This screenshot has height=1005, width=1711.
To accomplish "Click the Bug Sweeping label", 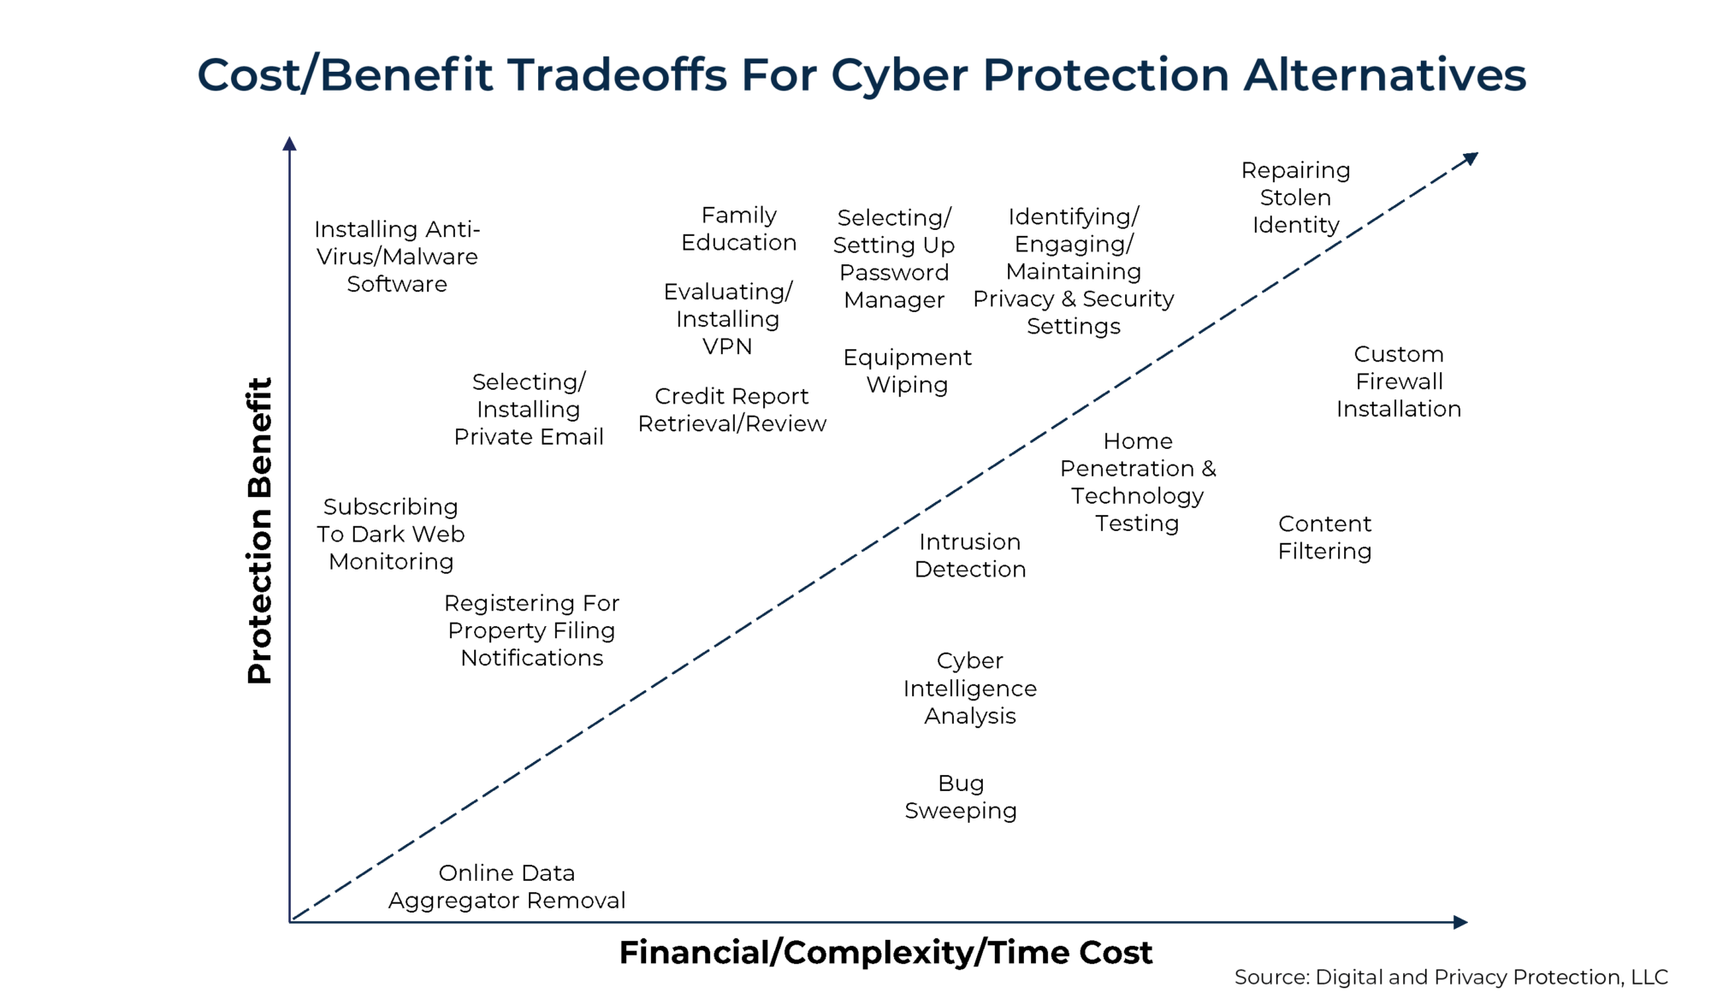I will pos(961,797).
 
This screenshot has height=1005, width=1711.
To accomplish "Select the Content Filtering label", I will pos(1324,537).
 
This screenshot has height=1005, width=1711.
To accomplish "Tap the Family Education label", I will pos(739,228).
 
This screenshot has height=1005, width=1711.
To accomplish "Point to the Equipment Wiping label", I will pos(907,370).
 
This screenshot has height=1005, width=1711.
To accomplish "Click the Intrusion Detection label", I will pos(970,555).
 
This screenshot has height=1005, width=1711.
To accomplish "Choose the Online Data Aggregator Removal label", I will pos(506,886).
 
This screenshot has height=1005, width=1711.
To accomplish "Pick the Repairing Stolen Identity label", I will pos(1295,198).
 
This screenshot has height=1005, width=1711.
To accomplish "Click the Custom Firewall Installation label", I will pos(1399,381).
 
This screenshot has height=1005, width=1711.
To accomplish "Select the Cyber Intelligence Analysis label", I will pos(970,688).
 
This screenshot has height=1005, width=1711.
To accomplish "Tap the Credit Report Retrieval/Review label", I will pos(731,410).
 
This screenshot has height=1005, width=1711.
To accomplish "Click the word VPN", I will pos(727,346).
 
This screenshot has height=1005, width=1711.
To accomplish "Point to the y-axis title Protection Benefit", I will pos(259,530).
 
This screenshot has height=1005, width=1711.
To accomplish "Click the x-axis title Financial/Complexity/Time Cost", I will pos(885,952).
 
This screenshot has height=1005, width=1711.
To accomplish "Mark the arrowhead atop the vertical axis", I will pos(290,144).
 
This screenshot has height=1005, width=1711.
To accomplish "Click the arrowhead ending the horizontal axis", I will pos(1460,922).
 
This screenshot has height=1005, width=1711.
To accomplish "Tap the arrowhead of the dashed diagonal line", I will pos(1471,158).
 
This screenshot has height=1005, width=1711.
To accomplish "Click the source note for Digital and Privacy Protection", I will pos(1450,977).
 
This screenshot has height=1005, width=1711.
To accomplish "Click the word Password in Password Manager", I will pos(894,273).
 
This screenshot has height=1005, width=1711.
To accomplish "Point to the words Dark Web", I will pos(407,535).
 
